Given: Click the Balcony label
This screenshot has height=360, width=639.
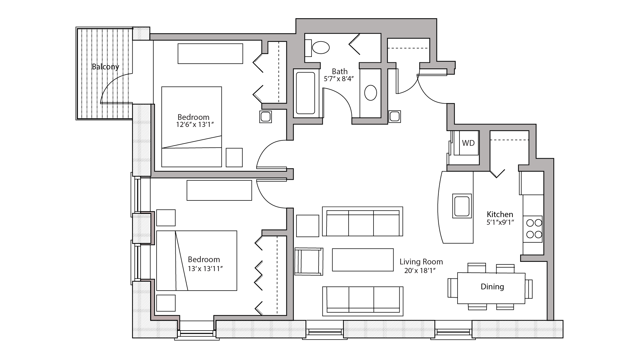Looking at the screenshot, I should click(x=105, y=67).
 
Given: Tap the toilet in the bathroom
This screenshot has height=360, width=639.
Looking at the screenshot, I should click(x=320, y=48).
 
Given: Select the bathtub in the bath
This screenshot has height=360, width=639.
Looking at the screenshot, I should click(x=305, y=93).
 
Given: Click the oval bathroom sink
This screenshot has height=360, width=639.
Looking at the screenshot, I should click(x=371, y=93).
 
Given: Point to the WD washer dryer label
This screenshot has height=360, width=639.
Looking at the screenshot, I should click(x=468, y=143).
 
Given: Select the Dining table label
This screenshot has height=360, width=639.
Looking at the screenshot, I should click(x=492, y=287).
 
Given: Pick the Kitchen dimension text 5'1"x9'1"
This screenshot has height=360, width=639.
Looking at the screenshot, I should click(x=500, y=222).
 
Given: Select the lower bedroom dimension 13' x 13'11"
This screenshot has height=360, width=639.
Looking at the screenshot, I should click(x=205, y=269).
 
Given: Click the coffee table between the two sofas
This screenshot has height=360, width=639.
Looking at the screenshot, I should click(x=363, y=260).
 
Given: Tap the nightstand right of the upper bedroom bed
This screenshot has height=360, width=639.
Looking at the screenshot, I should click(x=234, y=157).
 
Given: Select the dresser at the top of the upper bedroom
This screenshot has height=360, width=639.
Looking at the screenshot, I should click(x=210, y=54).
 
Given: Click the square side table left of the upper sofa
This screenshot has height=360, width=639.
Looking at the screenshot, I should click(x=307, y=226).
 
